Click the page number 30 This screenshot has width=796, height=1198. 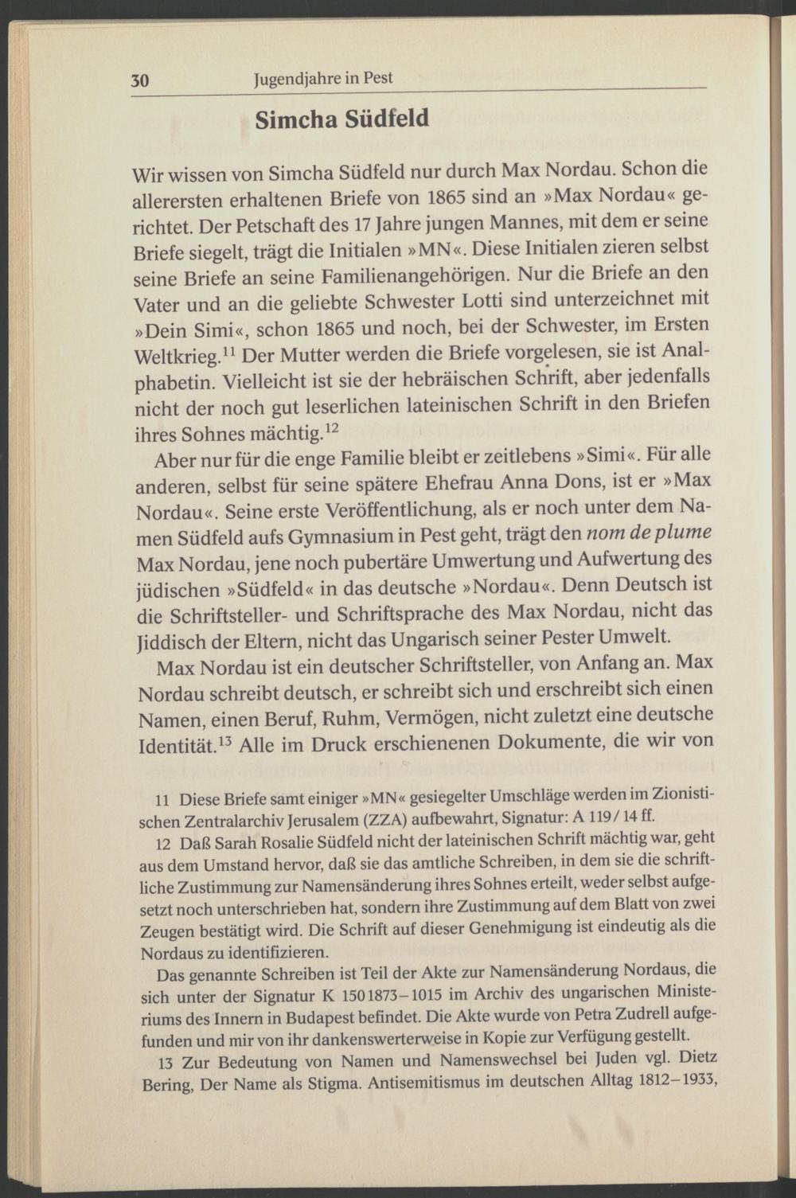[140, 81]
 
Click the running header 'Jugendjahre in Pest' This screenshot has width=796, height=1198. [322, 79]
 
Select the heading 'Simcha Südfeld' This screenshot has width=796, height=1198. [341, 119]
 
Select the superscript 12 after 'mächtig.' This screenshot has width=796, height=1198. [333, 429]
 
